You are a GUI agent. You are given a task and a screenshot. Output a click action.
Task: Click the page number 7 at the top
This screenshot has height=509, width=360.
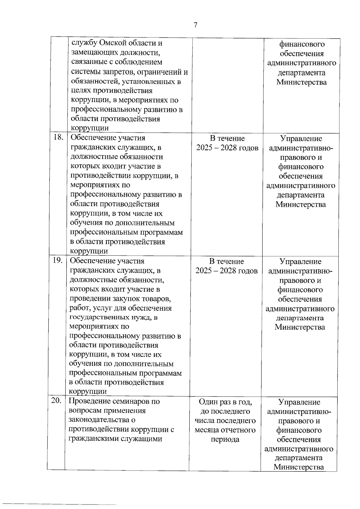[195, 25]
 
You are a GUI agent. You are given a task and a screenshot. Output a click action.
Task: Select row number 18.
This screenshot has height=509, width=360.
[58, 137]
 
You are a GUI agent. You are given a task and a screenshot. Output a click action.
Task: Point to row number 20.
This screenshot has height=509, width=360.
[56, 401]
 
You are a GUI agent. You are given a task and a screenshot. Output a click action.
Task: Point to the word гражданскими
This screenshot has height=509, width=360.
[94, 438]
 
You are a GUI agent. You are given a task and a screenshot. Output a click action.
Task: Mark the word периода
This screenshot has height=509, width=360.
[225, 439]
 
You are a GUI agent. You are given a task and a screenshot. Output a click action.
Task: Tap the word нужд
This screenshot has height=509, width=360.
[141, 317]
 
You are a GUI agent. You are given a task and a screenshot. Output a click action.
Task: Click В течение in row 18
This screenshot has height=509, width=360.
[227, 138]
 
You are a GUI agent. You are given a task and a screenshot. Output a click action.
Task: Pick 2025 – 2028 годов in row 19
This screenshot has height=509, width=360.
[226, 271]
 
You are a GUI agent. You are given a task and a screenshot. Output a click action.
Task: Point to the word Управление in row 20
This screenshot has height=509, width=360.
[299, 402]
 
